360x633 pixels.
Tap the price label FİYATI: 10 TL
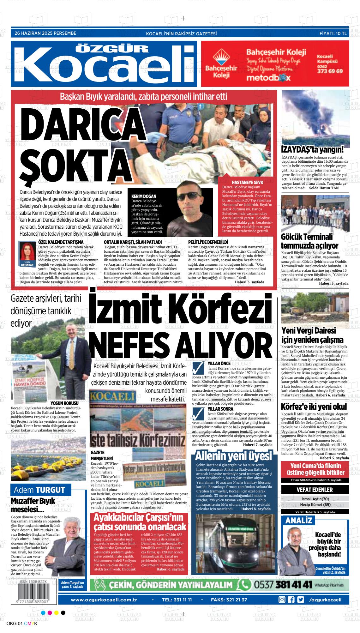(x=333, y=33)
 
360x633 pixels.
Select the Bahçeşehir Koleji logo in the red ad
(x=221, y=66)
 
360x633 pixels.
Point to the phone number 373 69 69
(x=330, y=71)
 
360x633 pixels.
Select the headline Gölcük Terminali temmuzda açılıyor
(x=310, y=241)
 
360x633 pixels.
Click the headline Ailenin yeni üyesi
(x=233, y=456)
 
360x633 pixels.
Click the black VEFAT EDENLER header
(x=315, y=490)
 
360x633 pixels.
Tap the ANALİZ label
(x=298, y=521)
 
